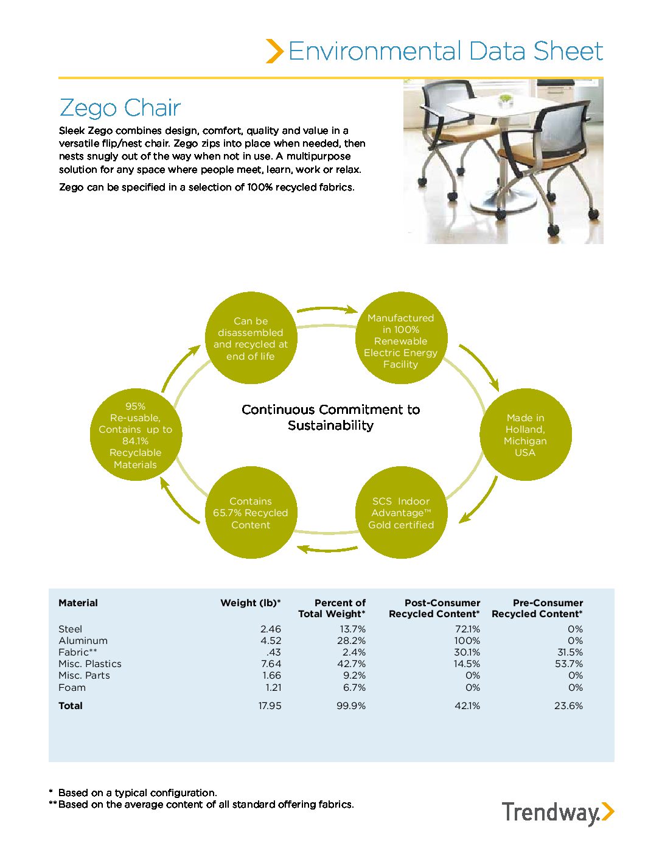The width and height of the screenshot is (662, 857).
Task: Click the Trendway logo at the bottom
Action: pyautogui.click(x=557, y=813)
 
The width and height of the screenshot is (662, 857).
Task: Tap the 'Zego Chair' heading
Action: pyautogui.click(x=120, y=108)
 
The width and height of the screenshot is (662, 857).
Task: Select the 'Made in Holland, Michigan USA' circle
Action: pyautogui.click(x=525, y=435)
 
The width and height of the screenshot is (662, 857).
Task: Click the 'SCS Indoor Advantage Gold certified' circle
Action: pyautogui.click(x=401, y=512)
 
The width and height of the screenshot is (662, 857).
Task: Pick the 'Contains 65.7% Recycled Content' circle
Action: pyautogui.click(x=250, y=512)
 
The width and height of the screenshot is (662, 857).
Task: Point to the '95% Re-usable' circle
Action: pyautogui.click(x=135, y=435)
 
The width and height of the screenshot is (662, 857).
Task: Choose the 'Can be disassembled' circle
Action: pyautogui.click(x=250, y=338)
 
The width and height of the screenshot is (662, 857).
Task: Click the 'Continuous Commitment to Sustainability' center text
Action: pyautogui.click(x=330, y=417)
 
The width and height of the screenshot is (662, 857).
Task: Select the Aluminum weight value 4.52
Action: pyautogui.click(x=271, y=640)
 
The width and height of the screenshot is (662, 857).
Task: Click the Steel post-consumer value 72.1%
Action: pyautogui.click(x=467, y=629)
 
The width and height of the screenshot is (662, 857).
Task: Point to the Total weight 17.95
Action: pyautogui.click(x=270, y=705)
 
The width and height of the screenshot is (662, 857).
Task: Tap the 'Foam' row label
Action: pyautogui.click(x=72, y=687)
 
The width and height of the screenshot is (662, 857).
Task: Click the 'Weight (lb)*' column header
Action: pyautogui.click(x=251, y=603)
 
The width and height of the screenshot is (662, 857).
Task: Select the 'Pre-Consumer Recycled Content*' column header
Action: pyautogui.click(x=537, y=608)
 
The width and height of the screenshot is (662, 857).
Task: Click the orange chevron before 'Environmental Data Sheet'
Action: pyautogui.click(x=274, y=51)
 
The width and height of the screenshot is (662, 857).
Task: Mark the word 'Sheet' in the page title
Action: pyautogui.click(x=568, y=51)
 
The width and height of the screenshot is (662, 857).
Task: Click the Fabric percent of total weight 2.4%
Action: pyautogui.click(x=354, y=652)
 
